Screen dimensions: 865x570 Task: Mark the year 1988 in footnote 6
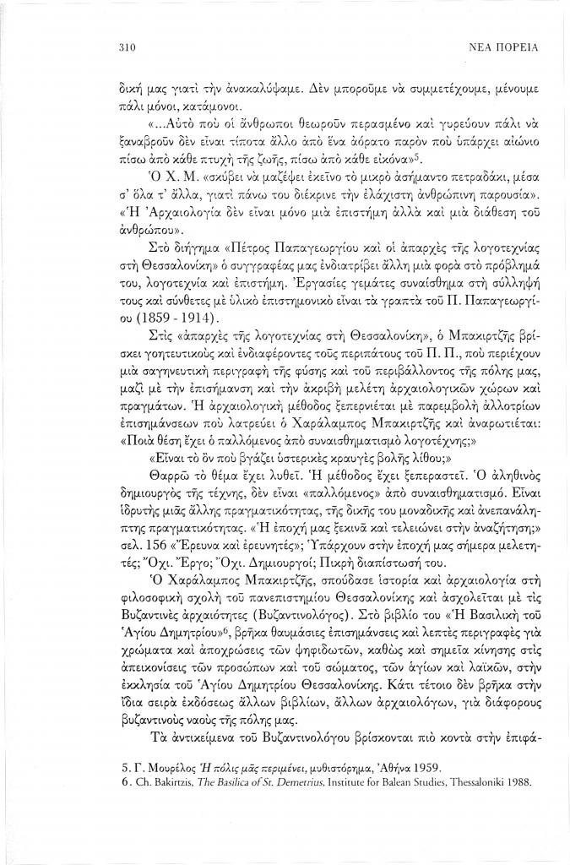tap(518, 782)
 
